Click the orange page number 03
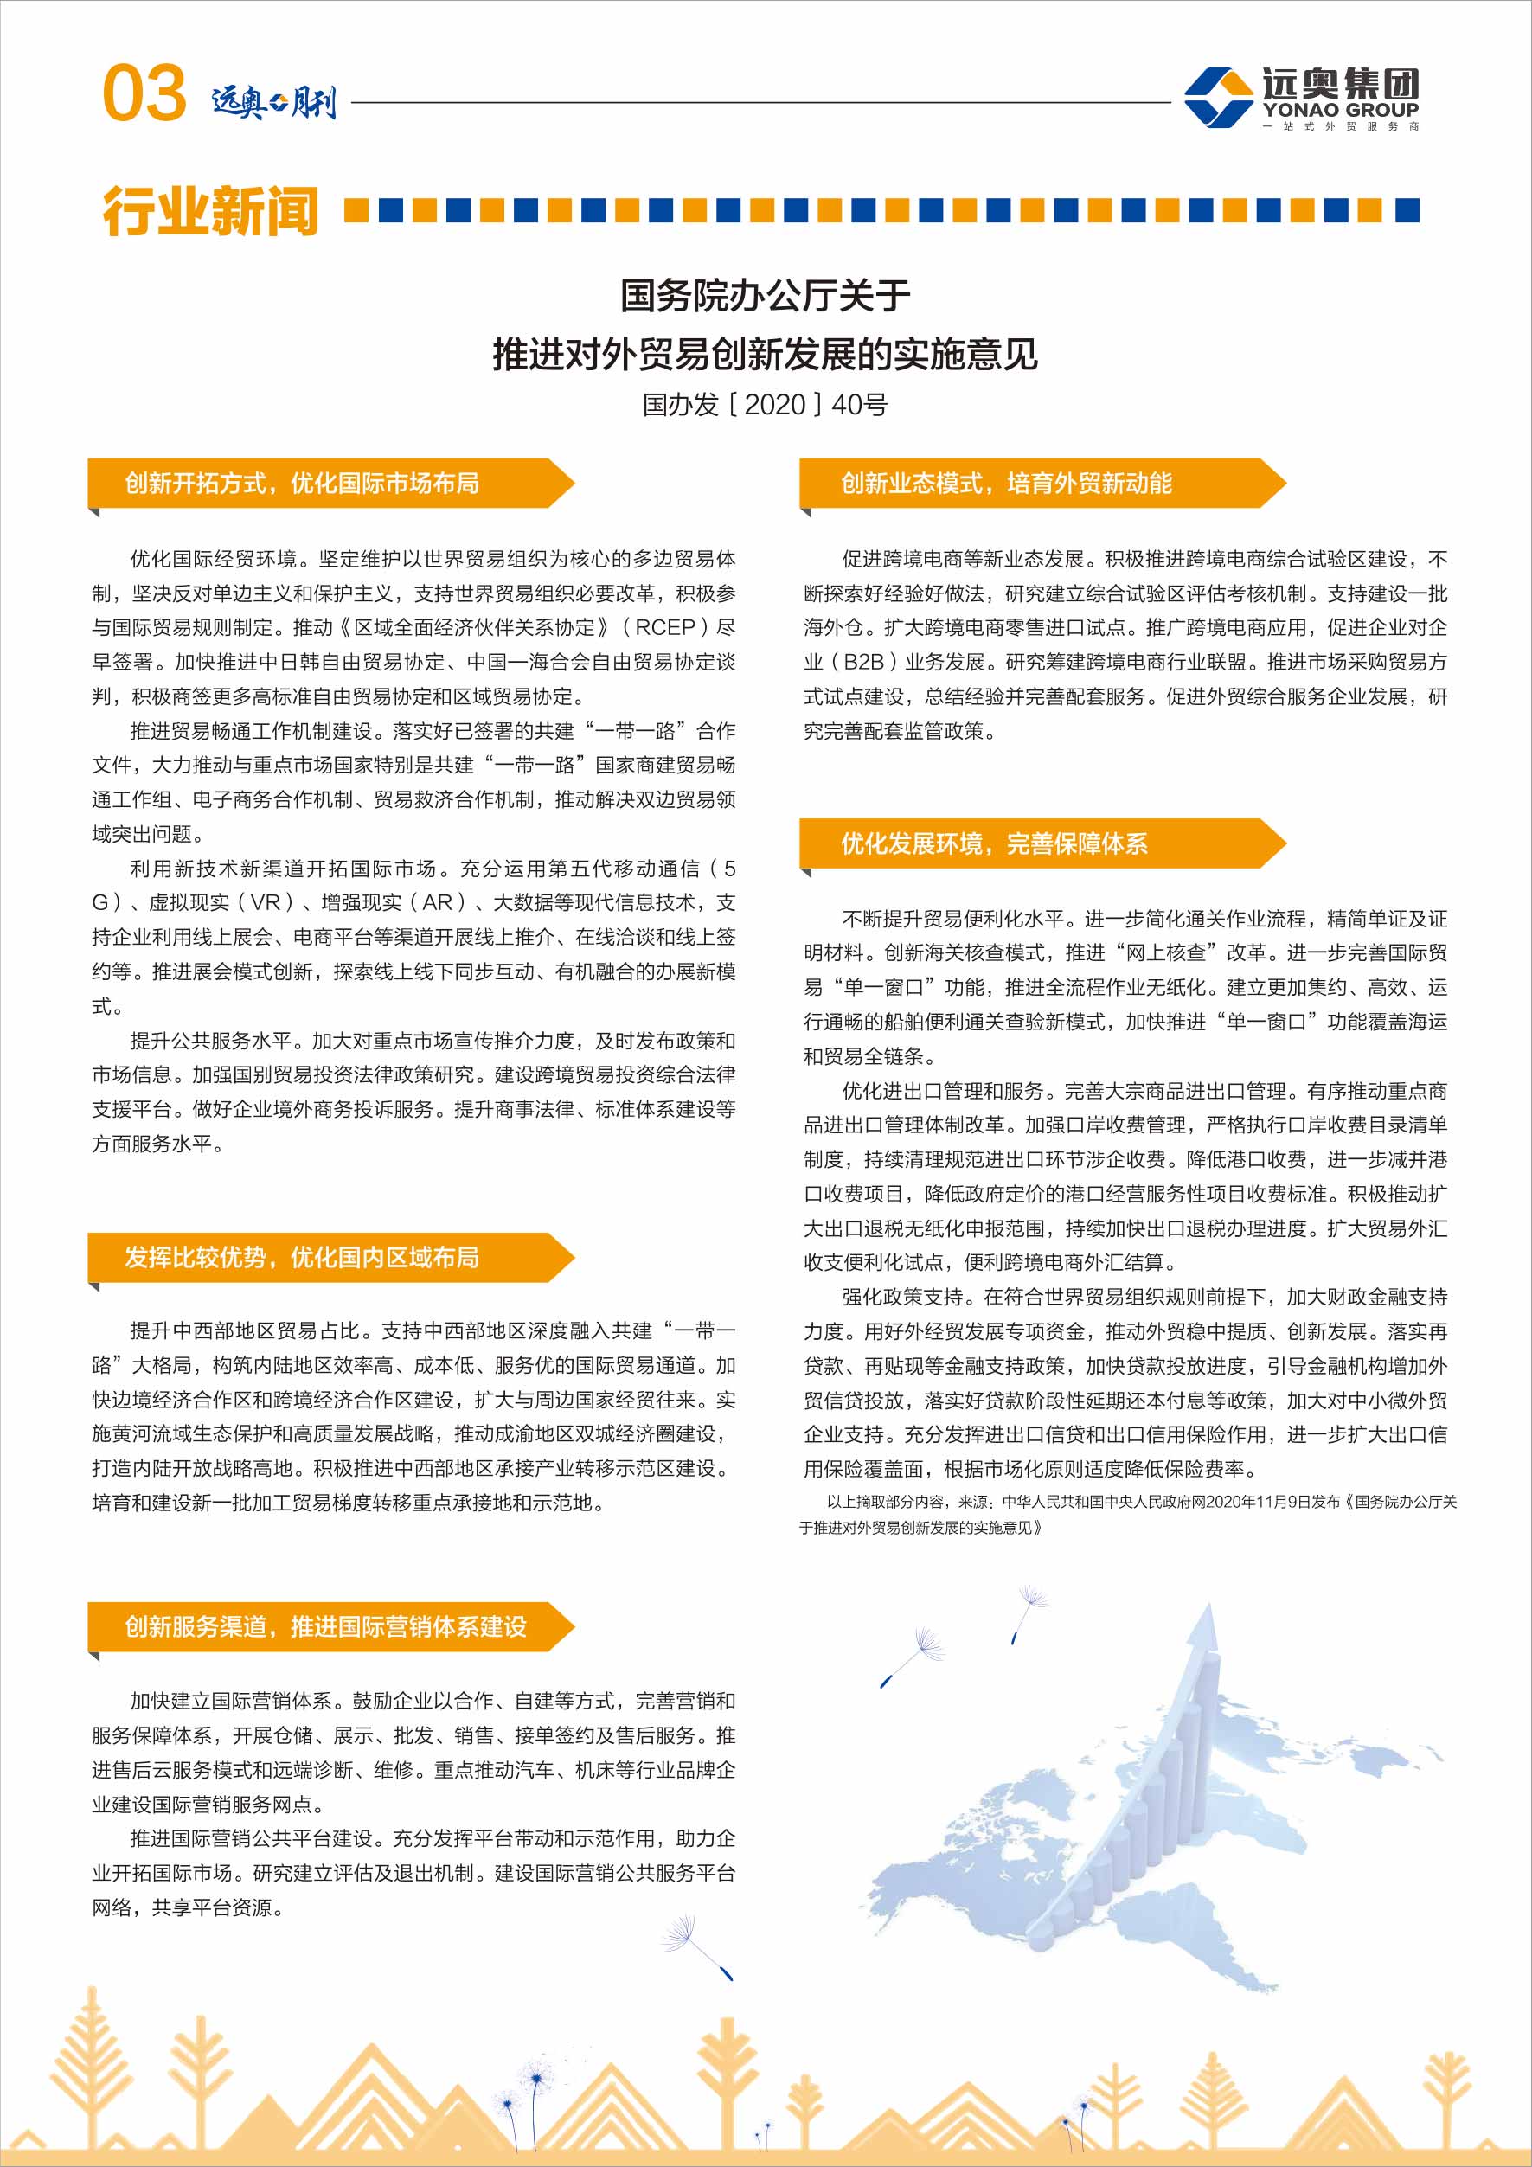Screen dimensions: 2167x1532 click(144, 93)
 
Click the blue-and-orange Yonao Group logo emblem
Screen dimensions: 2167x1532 click(1218, 96)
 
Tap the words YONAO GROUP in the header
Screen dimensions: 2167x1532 click(1340, 110)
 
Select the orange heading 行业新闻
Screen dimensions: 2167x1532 click(210, 210)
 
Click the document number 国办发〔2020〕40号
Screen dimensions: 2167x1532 click(765, 405)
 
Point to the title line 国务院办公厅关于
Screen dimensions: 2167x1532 click(765, 295)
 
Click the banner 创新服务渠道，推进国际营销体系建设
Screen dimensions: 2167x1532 click(325, 1626)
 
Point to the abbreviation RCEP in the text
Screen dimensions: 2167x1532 click(664, 628)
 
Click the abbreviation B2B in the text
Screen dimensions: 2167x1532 click(863, 662)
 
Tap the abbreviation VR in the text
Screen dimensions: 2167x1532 click(266, 902)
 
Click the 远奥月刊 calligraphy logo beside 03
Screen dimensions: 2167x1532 click(273, 100)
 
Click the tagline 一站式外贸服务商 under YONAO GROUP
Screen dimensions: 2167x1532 click(1340, 126)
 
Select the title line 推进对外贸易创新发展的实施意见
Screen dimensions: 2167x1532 click(765, 355)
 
